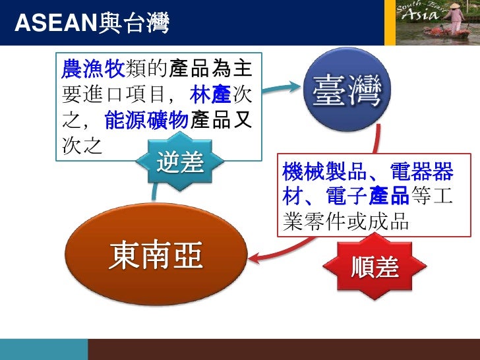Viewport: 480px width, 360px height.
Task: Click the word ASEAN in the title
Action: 55,24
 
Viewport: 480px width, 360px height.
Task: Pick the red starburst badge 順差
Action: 375,268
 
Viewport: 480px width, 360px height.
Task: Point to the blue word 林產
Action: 210,96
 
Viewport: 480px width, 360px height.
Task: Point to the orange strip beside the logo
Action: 390,22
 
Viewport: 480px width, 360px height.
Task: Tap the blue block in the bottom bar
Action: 44,349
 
